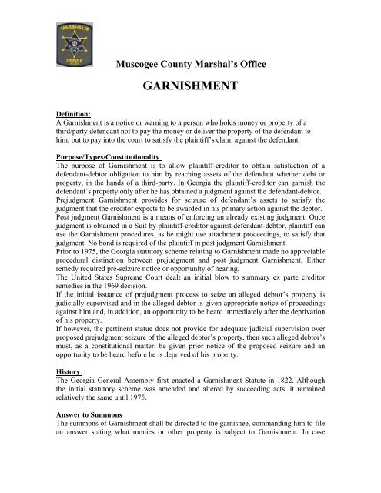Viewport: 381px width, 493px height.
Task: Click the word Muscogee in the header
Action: (x=138, y=62)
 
